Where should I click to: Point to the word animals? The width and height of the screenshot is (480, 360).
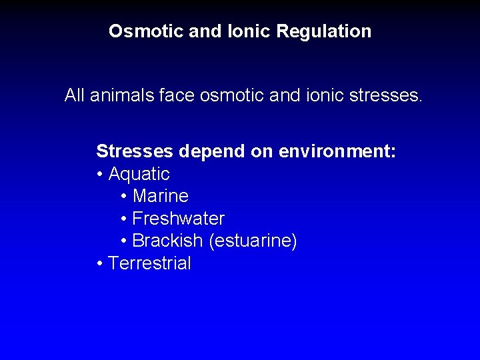124,96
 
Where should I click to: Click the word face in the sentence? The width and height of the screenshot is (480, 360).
175,96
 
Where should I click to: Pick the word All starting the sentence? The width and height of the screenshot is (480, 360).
75,96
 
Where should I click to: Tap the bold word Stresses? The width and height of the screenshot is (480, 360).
135,151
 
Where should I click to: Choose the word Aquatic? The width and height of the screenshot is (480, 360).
139,175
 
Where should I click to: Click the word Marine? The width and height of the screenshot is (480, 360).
161,197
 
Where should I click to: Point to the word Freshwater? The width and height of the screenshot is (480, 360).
179,219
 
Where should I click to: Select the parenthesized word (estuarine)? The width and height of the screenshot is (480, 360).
253,241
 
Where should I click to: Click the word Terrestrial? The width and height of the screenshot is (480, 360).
149,263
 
